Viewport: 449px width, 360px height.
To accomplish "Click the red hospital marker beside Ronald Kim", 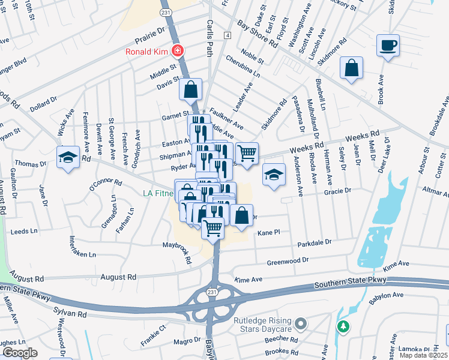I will [x=177, y=51].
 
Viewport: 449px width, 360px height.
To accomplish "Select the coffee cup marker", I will [x=388, y=45].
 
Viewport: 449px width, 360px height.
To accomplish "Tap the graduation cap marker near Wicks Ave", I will [x=68, y=158].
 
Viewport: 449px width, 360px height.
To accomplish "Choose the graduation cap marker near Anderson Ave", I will [x=274, y=175].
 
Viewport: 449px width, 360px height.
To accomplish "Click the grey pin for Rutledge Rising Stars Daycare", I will [x=303, y=325].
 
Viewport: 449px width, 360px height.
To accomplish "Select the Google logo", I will [x=20, y=352].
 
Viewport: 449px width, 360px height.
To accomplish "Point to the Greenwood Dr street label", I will [x=288, y=261].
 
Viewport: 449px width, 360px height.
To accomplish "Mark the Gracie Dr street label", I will [x=336, y=191].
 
